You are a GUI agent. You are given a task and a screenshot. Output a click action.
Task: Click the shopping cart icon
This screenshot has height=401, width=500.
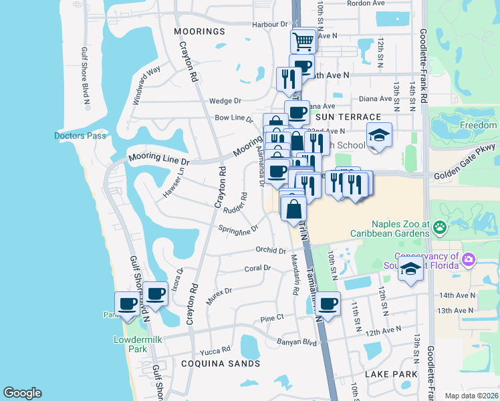(303, 41)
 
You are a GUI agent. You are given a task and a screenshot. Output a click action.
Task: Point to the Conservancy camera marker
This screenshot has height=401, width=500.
(469, 259)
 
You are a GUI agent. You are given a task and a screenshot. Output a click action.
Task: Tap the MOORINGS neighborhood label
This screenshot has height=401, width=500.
(199, 31)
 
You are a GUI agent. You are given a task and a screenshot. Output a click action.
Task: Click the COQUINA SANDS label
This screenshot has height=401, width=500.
(220, 364)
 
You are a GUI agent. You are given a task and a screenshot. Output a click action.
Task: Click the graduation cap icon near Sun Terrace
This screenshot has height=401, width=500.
(379, 136)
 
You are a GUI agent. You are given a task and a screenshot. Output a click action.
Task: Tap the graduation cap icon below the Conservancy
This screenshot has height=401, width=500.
(410, 270)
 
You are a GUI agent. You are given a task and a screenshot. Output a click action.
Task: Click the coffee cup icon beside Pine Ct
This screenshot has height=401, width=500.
(328, 304)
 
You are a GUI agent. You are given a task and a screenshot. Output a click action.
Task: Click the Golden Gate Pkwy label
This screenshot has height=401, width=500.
(464, 175)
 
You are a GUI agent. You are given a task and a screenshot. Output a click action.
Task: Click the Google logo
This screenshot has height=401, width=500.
(22, 392)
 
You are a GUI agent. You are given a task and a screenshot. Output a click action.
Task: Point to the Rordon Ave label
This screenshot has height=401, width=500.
(368, 3)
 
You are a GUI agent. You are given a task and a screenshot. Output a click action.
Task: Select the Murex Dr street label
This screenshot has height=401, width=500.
(219, 295)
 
